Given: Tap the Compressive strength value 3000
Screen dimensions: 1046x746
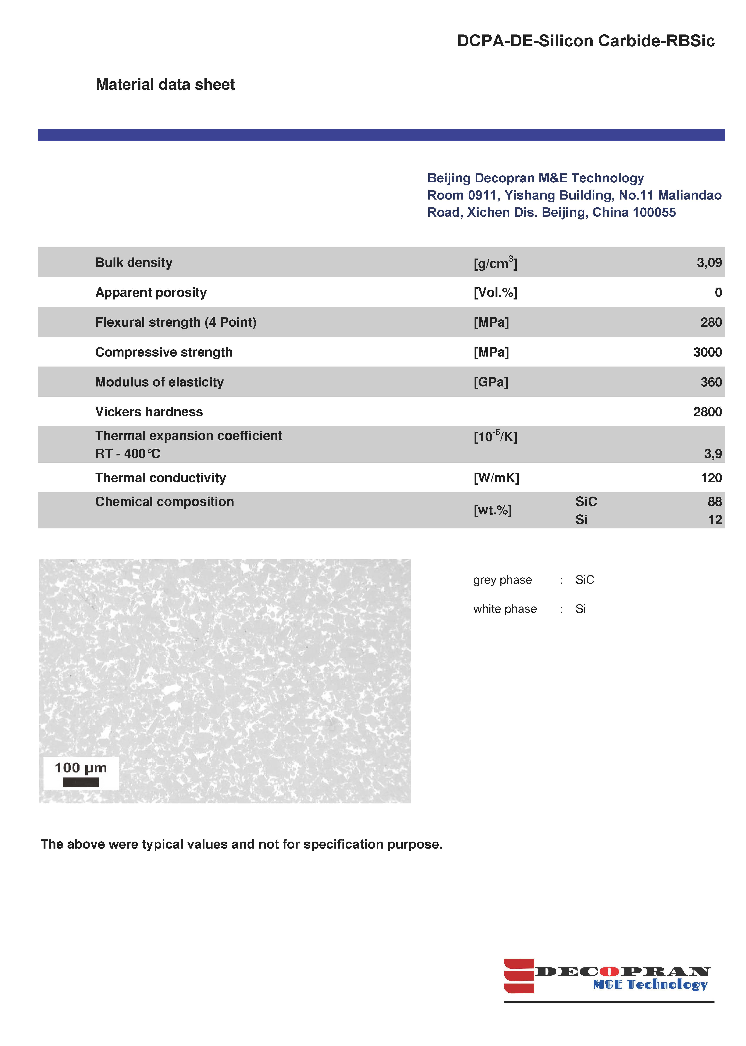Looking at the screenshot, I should [x=707, y=352].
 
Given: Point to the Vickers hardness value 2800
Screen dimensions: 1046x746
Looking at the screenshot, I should [x=707, y=412].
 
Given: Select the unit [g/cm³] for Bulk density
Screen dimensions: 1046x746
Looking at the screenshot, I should [x=495, y=263].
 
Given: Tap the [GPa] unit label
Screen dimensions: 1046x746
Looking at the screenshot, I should [x=491, y=382].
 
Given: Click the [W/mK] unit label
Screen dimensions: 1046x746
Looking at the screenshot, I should [x=496, y=478].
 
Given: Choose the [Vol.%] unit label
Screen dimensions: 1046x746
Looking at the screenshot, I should [x=495, y=293].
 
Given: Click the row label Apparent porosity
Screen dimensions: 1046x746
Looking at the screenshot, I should [x=151, y=293].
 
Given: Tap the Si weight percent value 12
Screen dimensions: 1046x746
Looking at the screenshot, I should [x=715, y=520].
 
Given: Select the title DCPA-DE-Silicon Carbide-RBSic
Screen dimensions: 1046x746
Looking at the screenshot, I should [x=586, y=41].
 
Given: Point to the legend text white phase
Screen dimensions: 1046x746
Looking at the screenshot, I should [x=505, y=609].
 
